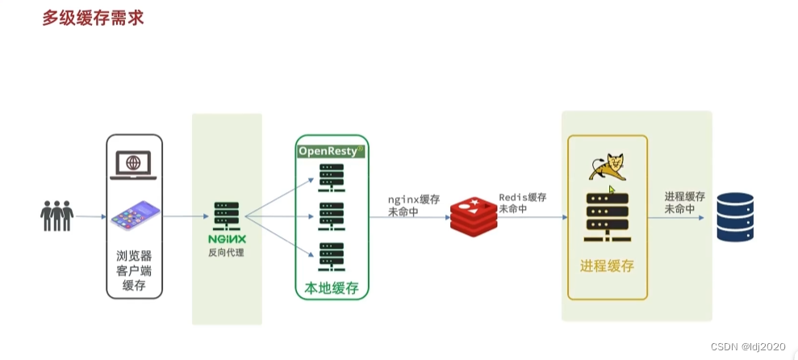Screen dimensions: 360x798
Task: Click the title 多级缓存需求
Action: point(93,17)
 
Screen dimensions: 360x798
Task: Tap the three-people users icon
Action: point(57,216)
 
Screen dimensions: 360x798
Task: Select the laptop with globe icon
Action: point(134,165)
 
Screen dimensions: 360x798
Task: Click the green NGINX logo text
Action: point(226,240)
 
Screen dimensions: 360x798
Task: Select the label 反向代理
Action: point(226,253)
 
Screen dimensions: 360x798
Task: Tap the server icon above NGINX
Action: point(226,216)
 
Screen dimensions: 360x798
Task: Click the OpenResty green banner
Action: point(332,151)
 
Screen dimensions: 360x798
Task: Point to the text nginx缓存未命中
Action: point(413,206)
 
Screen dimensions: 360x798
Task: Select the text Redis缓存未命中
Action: point(522,203)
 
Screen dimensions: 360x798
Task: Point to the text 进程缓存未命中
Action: point(684,203)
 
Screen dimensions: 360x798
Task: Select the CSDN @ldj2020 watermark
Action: point(750,345)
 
